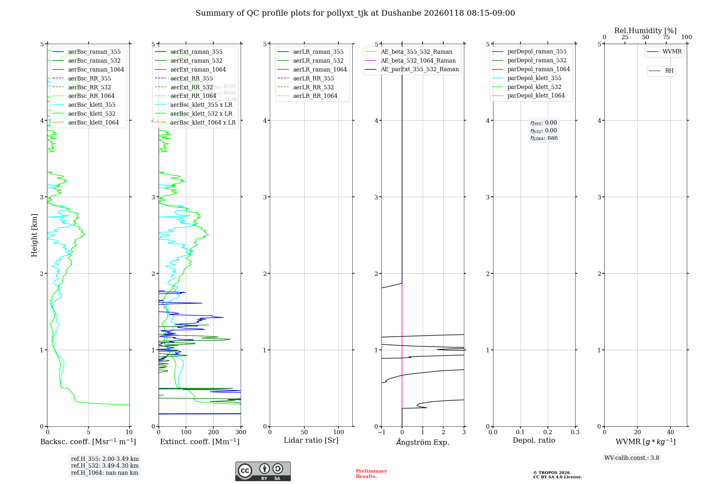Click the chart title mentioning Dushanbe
pos(355,13)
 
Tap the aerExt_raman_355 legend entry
pos(196,52)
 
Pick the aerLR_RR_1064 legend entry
pos(315,96)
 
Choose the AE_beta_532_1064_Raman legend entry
pos(418,60)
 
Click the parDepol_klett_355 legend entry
pos(534,78)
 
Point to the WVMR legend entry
pos(672,52)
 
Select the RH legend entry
pos(669,71)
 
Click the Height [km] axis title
pos(34,235)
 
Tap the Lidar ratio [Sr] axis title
pos(311,440)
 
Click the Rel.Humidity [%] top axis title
pos(645,31)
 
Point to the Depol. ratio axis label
pos(534,440)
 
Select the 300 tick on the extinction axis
pos(241,432)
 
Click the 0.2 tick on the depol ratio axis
pos(548,432)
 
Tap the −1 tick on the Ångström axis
pos(381,432)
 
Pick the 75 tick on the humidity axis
pos(666,37)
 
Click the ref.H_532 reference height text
pos(105,465)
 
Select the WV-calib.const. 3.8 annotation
pos(632,458)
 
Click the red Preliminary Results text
pos(371,474)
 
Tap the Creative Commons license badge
pos(263,471)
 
